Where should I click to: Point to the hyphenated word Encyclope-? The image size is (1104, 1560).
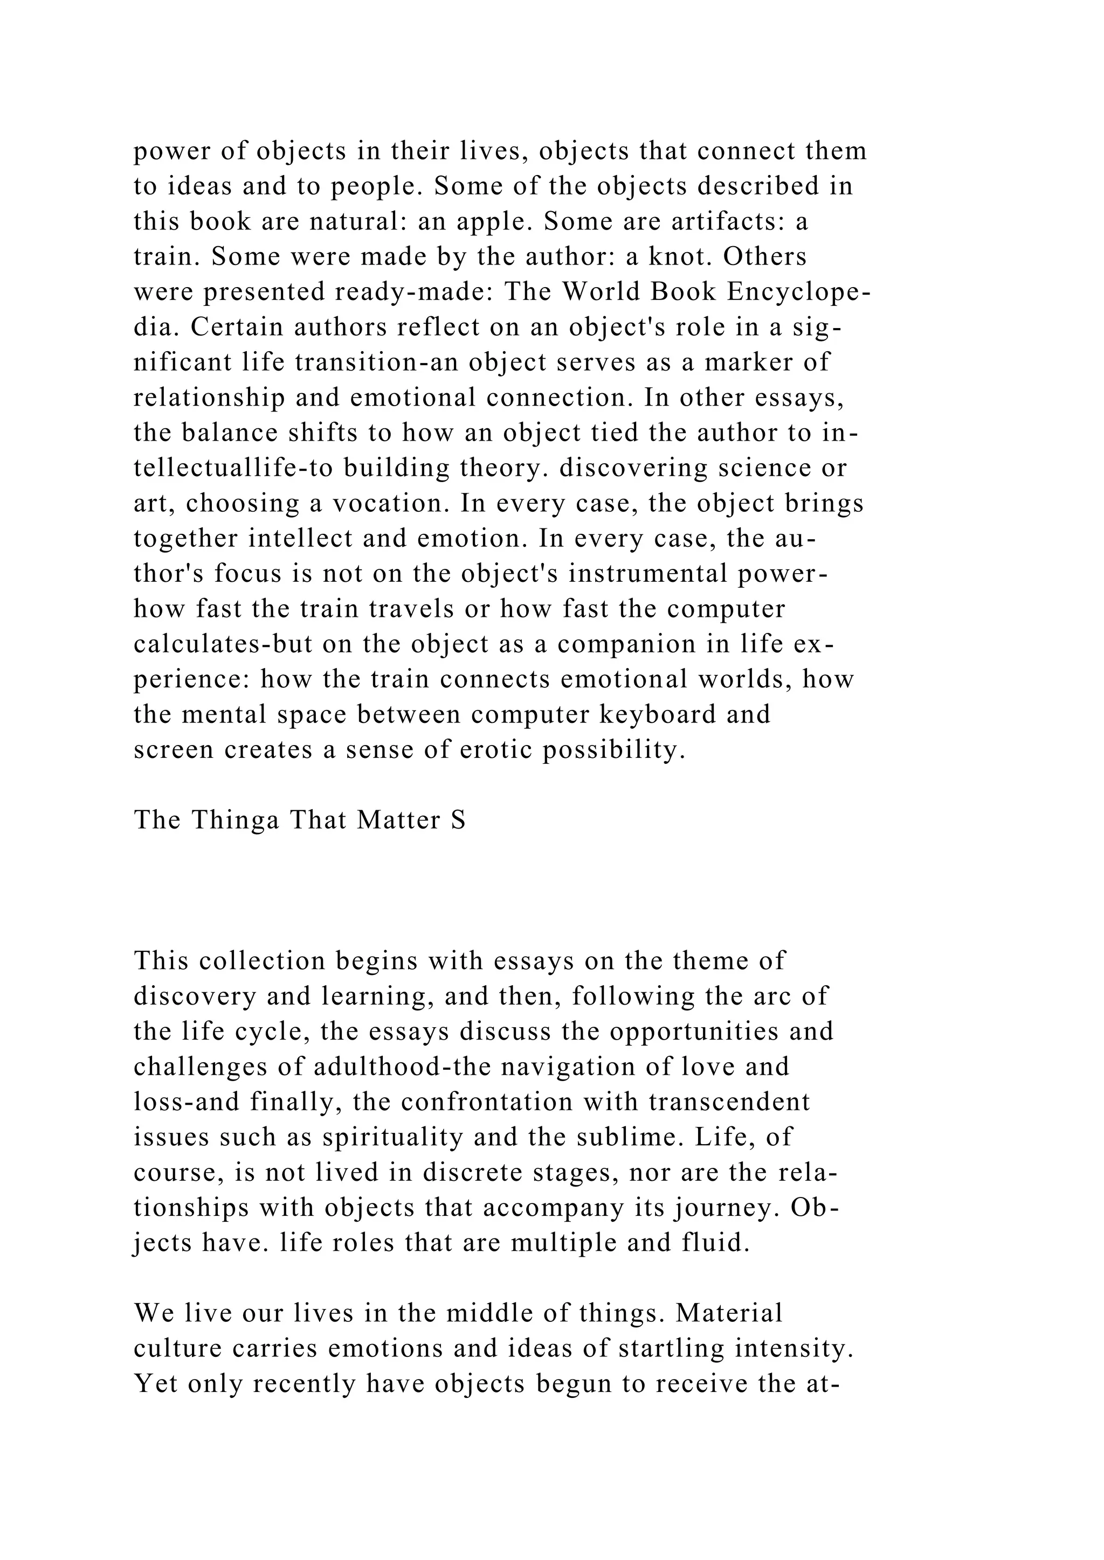pos(798,292)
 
